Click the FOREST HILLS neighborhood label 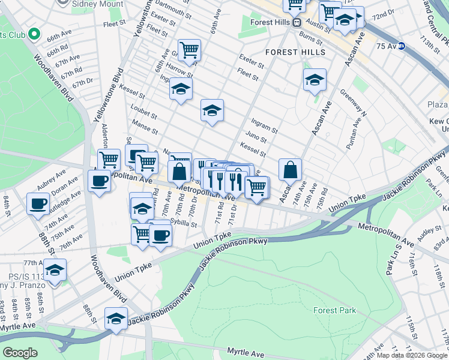tap(295, 52)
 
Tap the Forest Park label tap(334, 310)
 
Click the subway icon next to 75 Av tap(402, 46)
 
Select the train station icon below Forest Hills tap(296, 22)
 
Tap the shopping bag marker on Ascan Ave tap(290, 170)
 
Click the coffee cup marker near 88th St tap(38, 203)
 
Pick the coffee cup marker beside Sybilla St tap(160, 235)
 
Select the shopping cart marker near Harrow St tap(189, 50)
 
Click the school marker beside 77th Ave tap(55, 271)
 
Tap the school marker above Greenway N tap(315, 80)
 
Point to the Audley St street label tap(430, 234)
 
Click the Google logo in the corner tap(20, 352)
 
